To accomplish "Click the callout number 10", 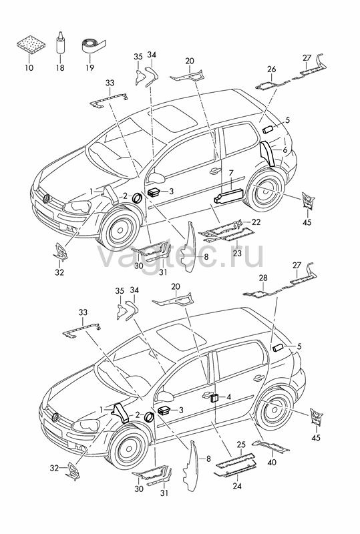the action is click(x=29, y=68).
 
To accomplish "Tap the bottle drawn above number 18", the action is click(x=60, y=42).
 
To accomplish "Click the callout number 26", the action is click(x=272, y=69).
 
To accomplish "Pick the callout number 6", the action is click(x=285, y=150).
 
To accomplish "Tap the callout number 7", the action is click(x=231, y=173).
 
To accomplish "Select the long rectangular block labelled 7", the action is click(x=228, y=196).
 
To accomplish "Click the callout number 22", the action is click(x=256, y=222).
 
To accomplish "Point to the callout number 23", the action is click(x=237, y=253).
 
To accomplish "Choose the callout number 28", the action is click(x=263, y=278).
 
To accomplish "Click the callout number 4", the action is click(x=228, y=396).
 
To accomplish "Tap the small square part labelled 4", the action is click(x=215, y=397).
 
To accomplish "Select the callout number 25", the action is click(x=241, y=445).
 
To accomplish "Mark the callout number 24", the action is click(x=237, y=485).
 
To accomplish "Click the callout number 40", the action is click(x=272, y=462).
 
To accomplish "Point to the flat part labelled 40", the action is click(x=271, y=445).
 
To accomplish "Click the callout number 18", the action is click(x=60, y=68).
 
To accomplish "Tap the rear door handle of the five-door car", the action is click(x=258, y=377).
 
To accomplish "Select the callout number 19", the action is click(x=89, y=68).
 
